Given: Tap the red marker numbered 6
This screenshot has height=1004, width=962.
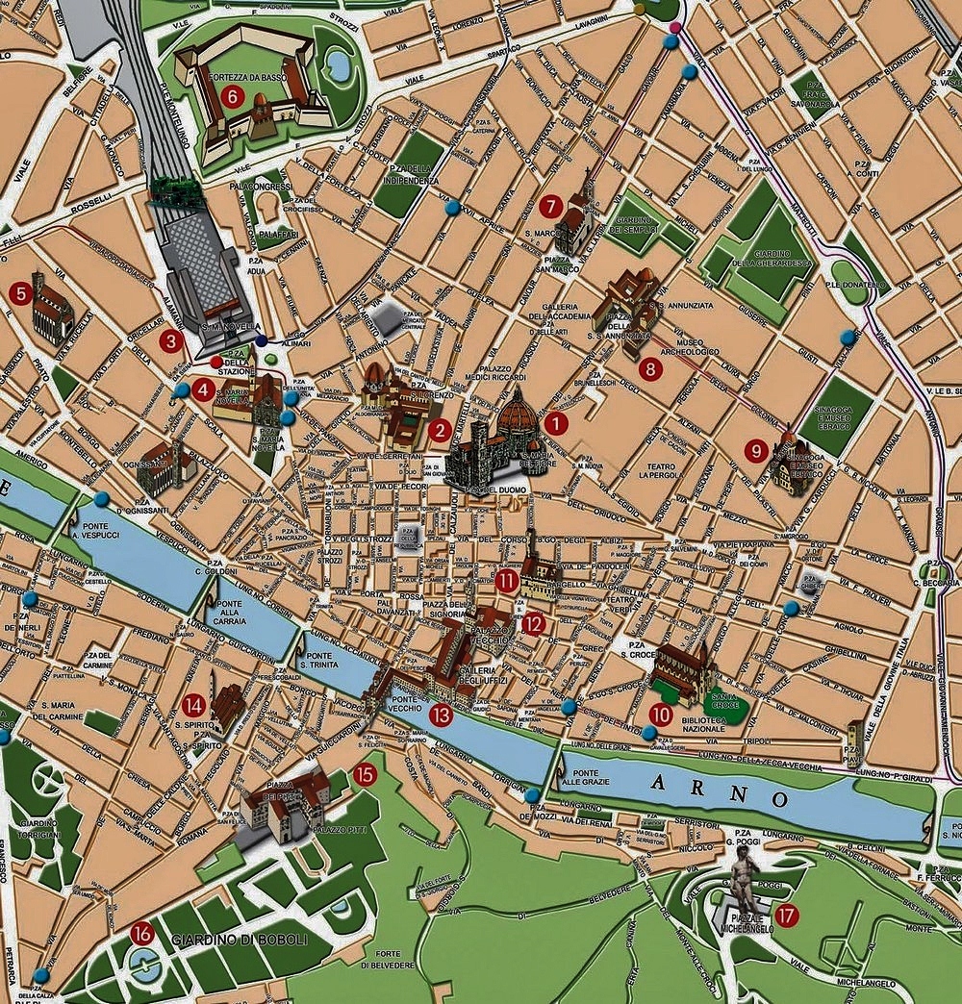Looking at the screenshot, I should click(231, 96).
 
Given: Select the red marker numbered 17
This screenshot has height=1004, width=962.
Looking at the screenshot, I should click(786, 916).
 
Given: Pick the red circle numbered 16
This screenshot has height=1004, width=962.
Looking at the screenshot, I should click(141, 932).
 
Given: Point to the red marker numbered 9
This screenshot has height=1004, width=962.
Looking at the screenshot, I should click(756, 449).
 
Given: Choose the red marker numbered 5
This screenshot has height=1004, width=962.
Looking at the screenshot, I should click(17, 293).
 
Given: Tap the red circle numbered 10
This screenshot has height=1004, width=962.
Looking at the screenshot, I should click(660, 715).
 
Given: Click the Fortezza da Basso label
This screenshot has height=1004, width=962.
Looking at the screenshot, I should click(243, 74).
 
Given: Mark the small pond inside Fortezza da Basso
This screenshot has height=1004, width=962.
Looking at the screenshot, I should click(338, 64).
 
